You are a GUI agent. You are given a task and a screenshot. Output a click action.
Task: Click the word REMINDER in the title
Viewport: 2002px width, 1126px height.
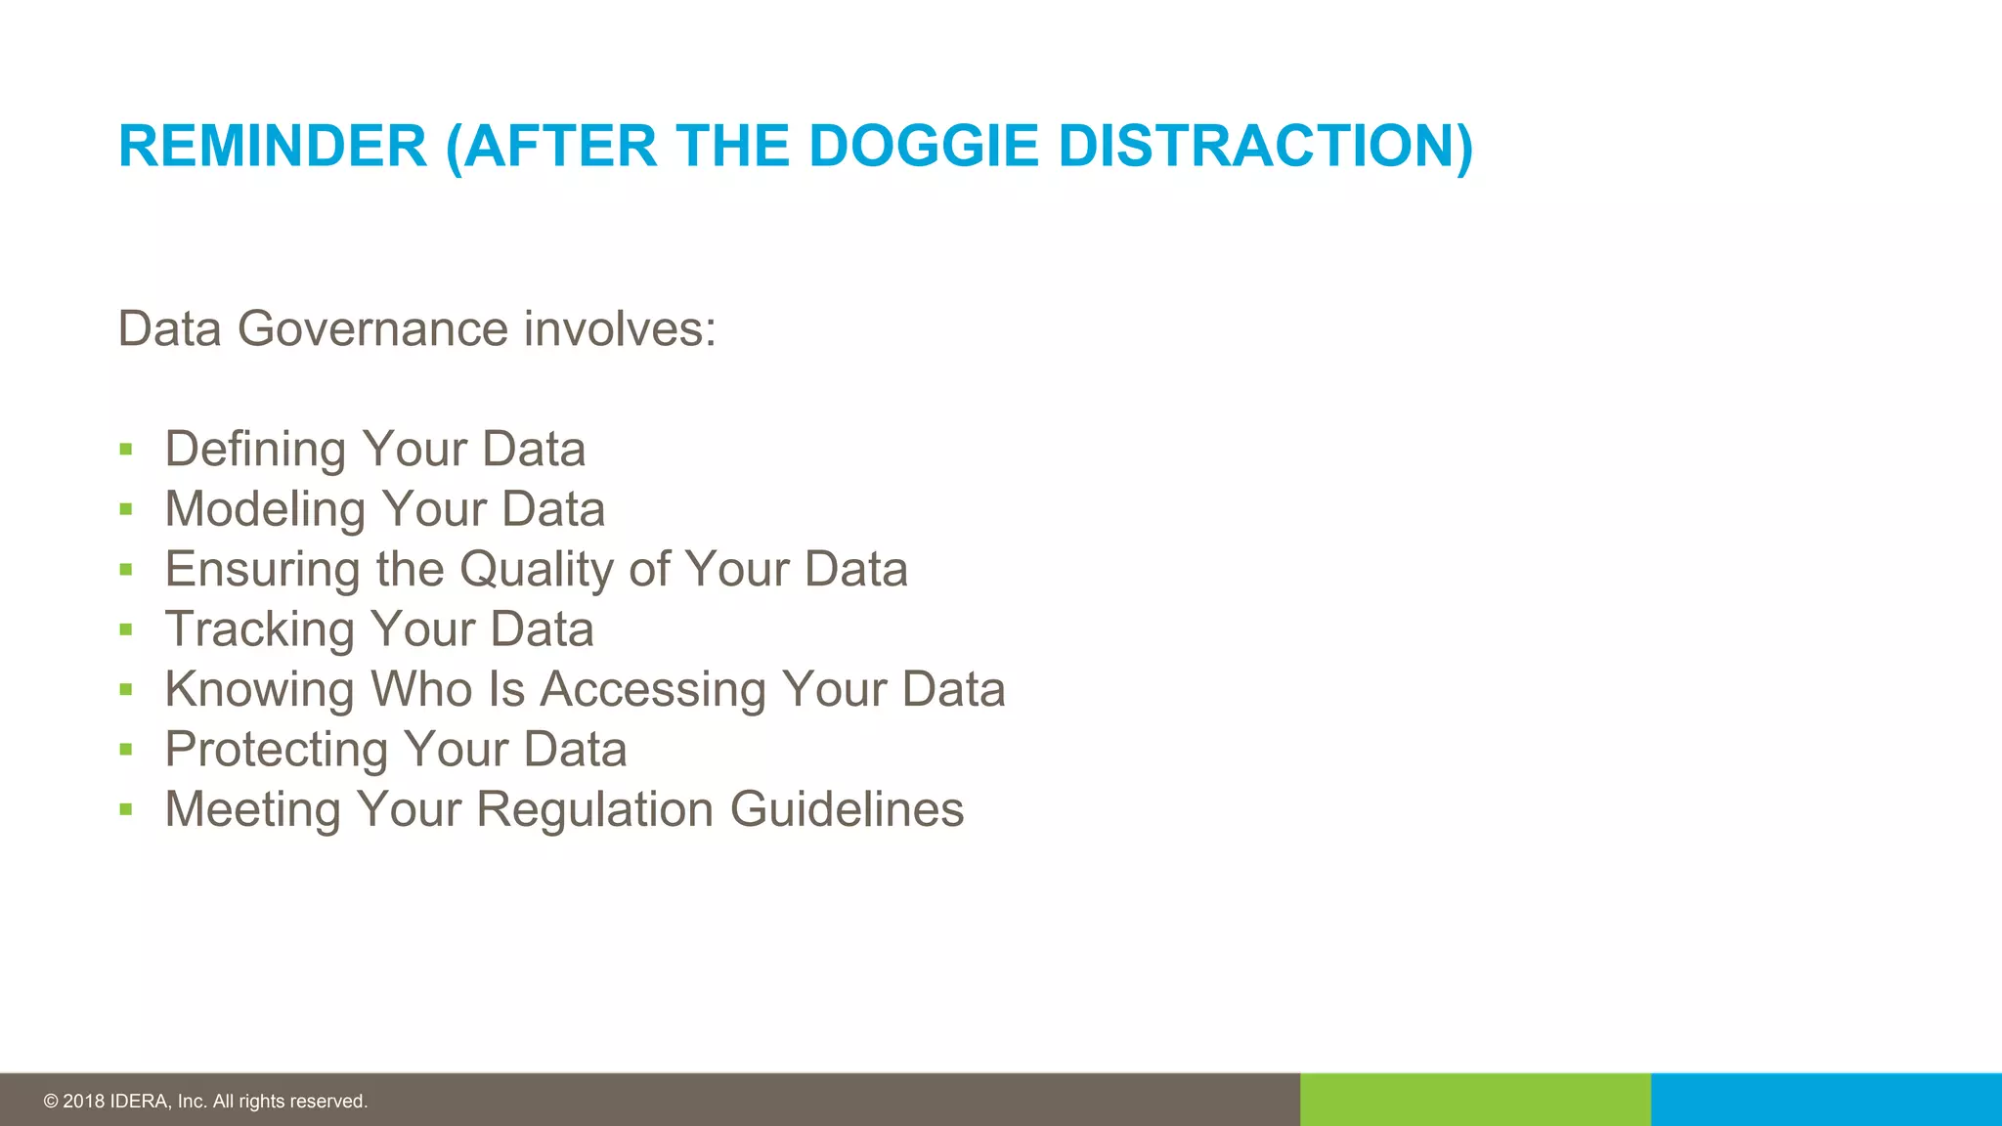click(x=273, y=147)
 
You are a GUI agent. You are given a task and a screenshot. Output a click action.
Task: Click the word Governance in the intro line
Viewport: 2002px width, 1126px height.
click(x=372, y=328)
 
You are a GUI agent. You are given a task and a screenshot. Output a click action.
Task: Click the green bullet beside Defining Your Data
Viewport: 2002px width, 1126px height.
click(x=125, y=450)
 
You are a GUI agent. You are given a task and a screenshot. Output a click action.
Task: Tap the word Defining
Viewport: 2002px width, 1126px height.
click(x=255, y=450)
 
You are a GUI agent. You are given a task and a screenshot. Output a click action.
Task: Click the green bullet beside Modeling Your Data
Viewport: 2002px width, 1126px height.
click(x=125, y=509)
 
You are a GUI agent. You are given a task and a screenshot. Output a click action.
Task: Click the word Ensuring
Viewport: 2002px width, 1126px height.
click(x=262, y=570)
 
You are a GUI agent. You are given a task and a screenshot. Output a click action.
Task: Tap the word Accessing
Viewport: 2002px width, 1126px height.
click(x=653, y=689)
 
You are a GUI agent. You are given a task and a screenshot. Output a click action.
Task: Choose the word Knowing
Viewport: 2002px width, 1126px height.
click(x=259, y=689)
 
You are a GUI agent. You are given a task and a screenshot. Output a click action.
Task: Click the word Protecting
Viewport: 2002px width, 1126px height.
click(x=277, y=750)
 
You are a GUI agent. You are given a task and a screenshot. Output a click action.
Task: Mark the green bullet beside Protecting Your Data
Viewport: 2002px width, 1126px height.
click(x=125, y=750)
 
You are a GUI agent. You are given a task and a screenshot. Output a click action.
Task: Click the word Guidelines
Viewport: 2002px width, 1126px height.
click(x=847, y=809)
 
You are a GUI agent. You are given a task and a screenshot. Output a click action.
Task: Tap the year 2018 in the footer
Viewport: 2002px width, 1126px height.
click(x=83, y=1102)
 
